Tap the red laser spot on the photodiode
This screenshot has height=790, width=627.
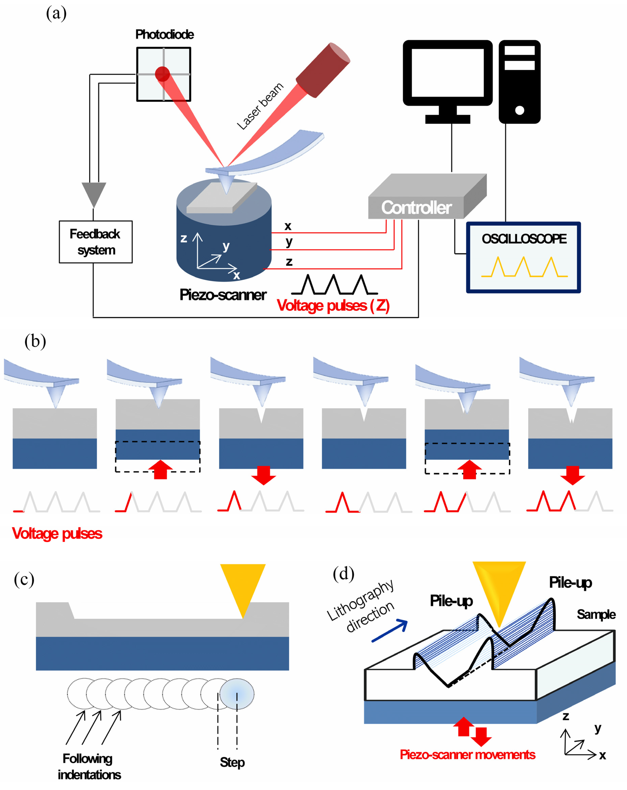pyautogui.click(x=162, y=74)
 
